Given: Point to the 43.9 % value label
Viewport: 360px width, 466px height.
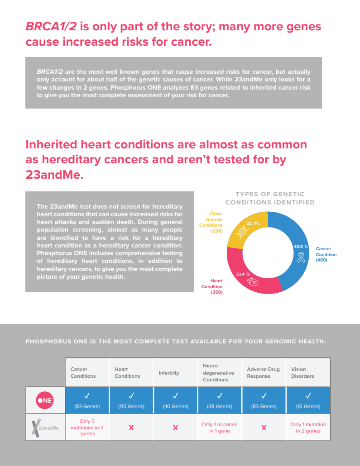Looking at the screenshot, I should [x=301, y=247].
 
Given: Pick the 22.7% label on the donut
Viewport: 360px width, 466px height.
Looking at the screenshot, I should [x=253, y=223].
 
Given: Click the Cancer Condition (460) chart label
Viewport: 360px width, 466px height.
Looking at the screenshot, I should [x=326, y=254].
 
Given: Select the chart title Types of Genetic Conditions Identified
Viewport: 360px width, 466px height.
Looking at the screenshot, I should [x=270, y=198].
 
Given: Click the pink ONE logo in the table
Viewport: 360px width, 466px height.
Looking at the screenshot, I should [x=45, y=400].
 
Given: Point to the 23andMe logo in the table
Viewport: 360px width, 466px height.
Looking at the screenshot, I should [x=45, y=428].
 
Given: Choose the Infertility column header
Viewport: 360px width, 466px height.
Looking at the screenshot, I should [x=169, y=373].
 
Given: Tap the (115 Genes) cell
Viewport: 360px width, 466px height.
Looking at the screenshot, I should [x=131, y=406].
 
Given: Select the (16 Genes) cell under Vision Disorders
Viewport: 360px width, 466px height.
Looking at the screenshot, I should [x=308, y=406].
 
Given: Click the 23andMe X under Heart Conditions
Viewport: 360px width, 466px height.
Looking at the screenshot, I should [x=131, y=428].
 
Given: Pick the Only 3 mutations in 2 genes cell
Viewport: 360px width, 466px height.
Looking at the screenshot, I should [x=87, y=428].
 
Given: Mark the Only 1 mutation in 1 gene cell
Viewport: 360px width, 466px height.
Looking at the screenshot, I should [x=220, y=428].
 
